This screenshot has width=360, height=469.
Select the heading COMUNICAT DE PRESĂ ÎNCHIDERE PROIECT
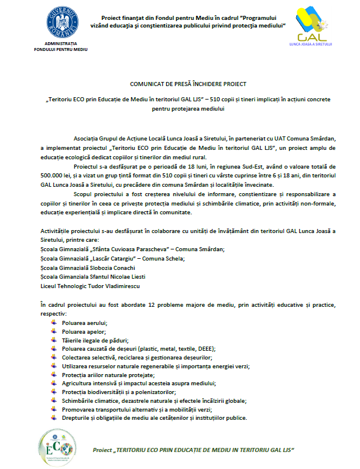pos(180,85)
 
